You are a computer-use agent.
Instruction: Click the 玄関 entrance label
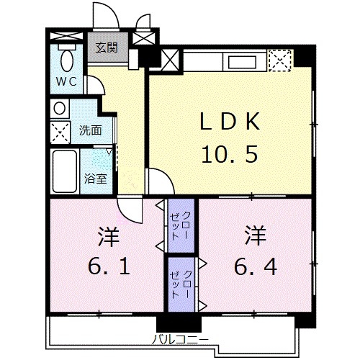(107, 48)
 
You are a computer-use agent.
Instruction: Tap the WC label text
(66, 81)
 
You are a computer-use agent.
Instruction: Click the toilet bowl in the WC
(67, 60)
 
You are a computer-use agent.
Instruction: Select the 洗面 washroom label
(91, 130)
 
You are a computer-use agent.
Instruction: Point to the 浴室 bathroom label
(95, 179)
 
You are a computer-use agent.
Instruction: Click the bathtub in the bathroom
(65, 171)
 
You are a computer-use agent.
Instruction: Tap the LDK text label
(230, 122)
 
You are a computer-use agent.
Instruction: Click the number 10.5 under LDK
(230, 154)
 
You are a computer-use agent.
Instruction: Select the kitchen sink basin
(242, 63)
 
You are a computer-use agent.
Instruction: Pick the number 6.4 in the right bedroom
(256, 266)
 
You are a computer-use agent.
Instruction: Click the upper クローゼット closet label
(181, 225)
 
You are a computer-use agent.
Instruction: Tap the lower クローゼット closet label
(181, 284)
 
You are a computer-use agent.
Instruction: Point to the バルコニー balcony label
(181, 340)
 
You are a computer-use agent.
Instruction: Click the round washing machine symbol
(60, 108)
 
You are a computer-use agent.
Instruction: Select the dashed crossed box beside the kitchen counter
(280, 60)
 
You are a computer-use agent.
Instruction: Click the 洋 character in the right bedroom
(256, 235)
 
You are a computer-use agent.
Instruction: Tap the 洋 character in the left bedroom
(109, 236)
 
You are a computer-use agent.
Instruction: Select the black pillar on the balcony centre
(179, 324)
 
